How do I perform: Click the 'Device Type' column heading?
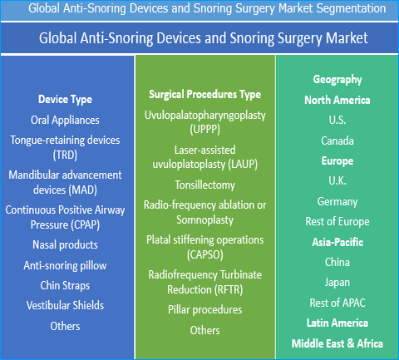[x=65, y=100]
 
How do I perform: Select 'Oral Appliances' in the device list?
[x=65, y=120]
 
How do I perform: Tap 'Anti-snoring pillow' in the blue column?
[x=65, y=265]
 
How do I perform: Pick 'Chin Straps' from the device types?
[x=65, y=285]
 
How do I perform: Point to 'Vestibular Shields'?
[x=65, y=305]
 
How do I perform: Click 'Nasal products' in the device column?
[x=65, y=244]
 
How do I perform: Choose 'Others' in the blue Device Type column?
[x=65, y=326]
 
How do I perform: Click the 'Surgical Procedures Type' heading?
[x=204, y=94]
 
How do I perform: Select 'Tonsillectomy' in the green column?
[x=204, y=184]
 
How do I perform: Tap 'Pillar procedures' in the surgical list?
[x=204, y=309]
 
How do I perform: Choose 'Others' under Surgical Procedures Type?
[x=204, y=330]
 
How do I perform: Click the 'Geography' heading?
[x=337, y=80]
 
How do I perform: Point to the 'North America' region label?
[x=337, y=100]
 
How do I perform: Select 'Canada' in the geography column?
[x=337, y=141]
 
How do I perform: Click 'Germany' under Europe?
[x=337, y=201]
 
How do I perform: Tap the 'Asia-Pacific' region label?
[x=337, y=242]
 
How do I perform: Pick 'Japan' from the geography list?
[x=337, y=282]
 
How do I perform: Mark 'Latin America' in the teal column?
[x=337, y=323]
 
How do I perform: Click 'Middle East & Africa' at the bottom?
[x=337, y=343]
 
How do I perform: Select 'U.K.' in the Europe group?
[x=337, y=181]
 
